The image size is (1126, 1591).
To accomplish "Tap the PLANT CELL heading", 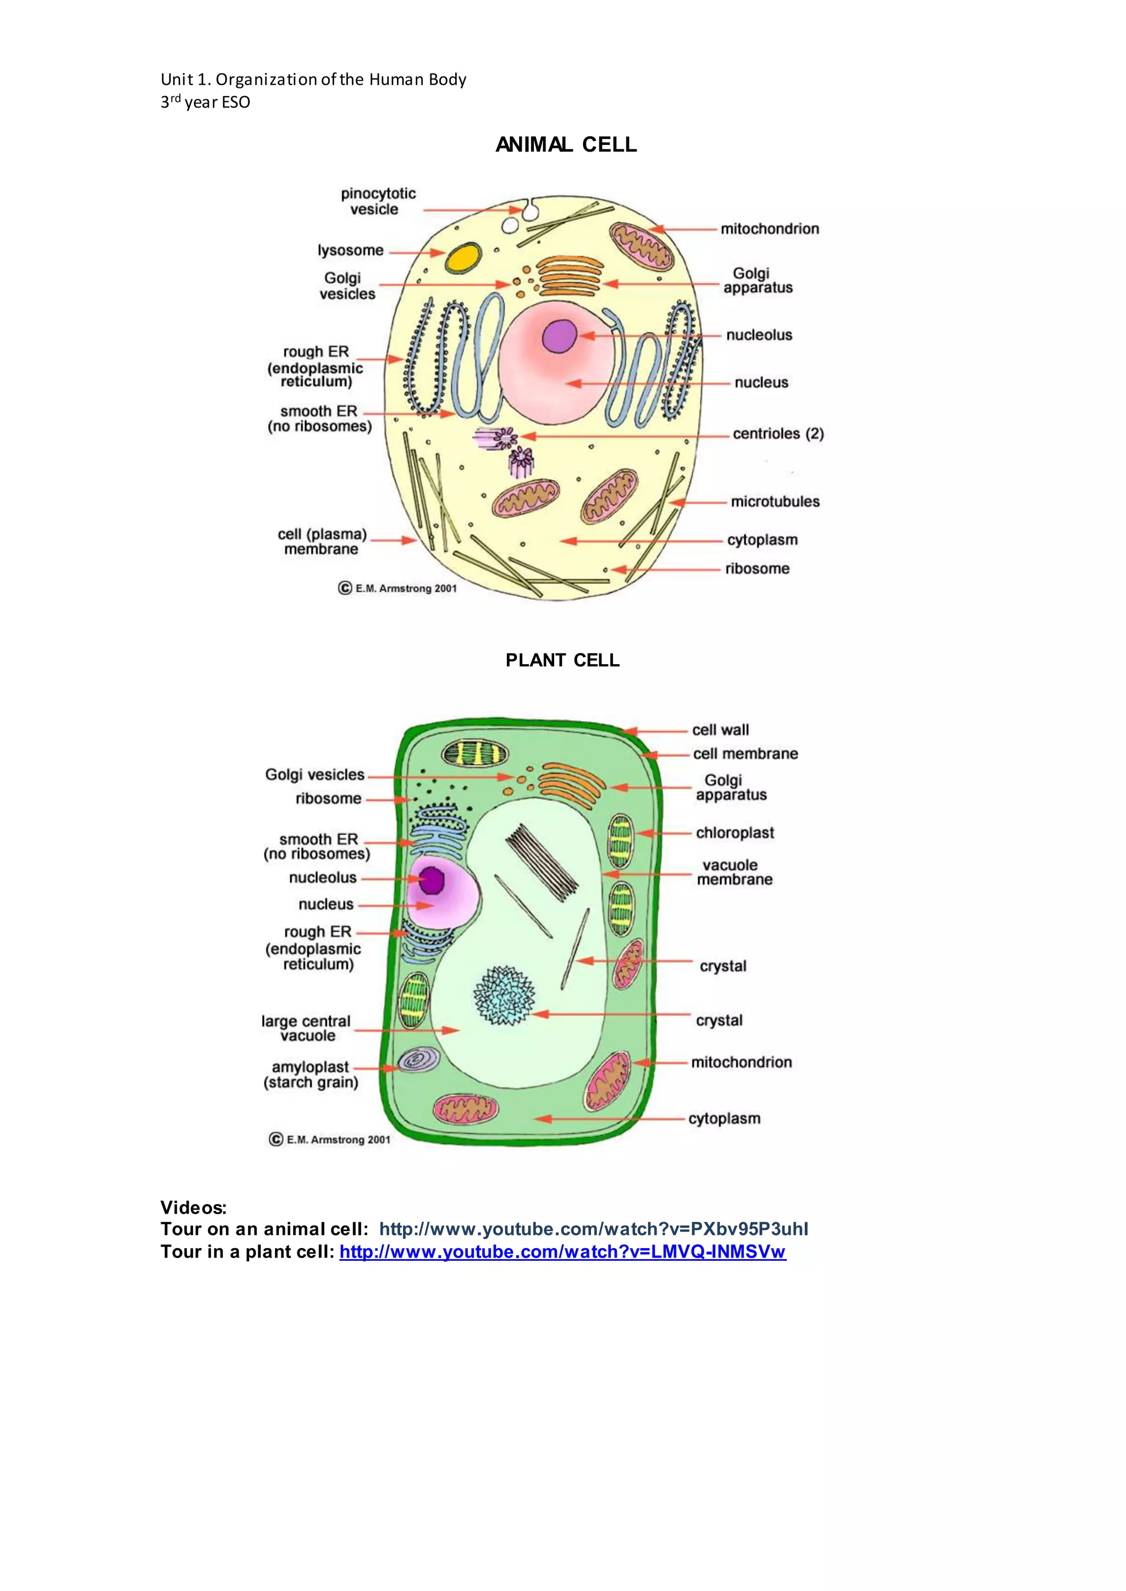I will point(562,660).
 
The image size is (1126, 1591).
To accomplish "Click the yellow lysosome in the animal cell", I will point(463,257).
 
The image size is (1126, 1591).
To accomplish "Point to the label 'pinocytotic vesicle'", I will point(377,201).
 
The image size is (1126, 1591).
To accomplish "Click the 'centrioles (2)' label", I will point(778,434).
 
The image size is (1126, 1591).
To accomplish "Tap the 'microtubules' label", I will point(775,501).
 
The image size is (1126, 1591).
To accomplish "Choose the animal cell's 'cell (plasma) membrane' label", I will point(322,541).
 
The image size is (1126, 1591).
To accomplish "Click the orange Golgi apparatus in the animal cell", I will point(570,276).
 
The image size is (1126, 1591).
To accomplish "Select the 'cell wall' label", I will point(720,730).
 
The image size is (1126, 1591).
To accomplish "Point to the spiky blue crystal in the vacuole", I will point(504,996).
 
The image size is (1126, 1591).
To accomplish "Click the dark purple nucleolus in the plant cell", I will point(431,881).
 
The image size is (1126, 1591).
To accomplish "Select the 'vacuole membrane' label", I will point(733,872).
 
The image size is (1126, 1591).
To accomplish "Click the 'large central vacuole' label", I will point(306,1028).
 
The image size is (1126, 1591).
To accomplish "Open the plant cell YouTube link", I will point(562,1251).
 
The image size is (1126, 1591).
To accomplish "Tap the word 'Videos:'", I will point(194,1207).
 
